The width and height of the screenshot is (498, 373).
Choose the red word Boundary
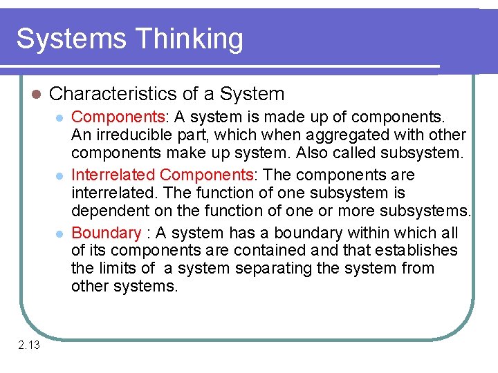106,233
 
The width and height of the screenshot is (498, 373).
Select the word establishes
414,250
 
